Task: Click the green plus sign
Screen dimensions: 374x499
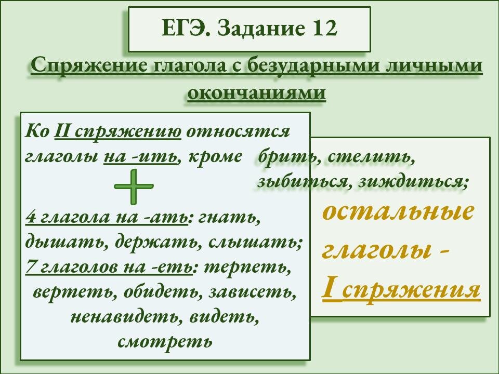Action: click(x=134, y=187)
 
